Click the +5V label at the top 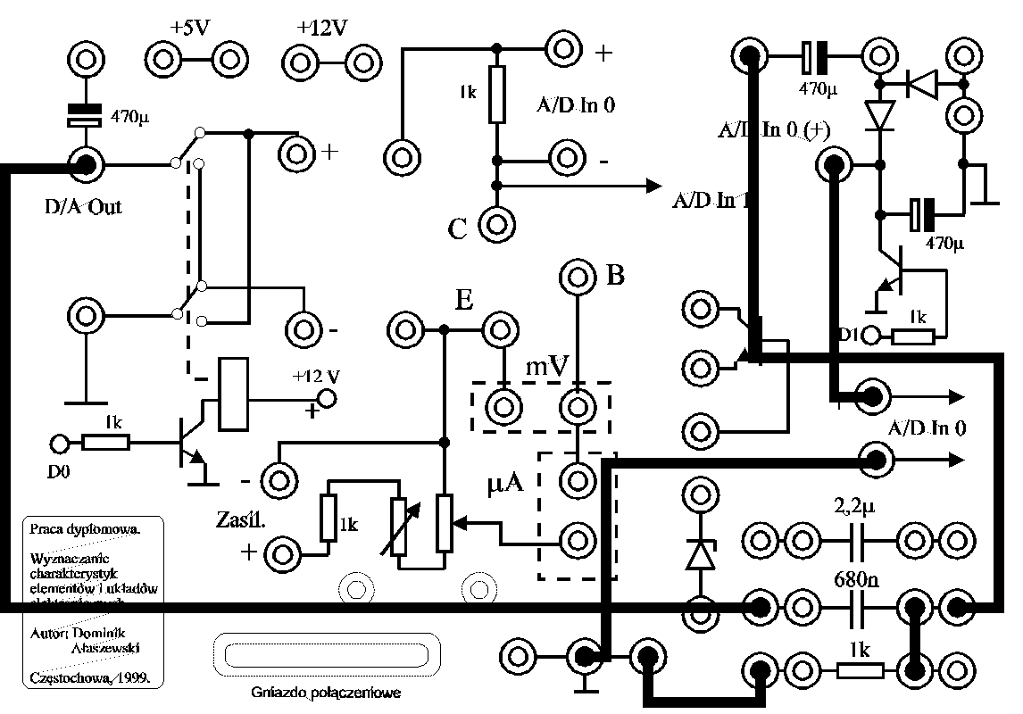tap(189, 28)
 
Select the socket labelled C tap(496, 223)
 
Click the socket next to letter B tap(577, 278)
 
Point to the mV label tap(547, 365)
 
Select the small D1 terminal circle tap(873, 336)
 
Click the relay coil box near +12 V tap(233, 394)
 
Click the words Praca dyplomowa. tap(85, 527)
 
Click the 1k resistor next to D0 tap(106, 442)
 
